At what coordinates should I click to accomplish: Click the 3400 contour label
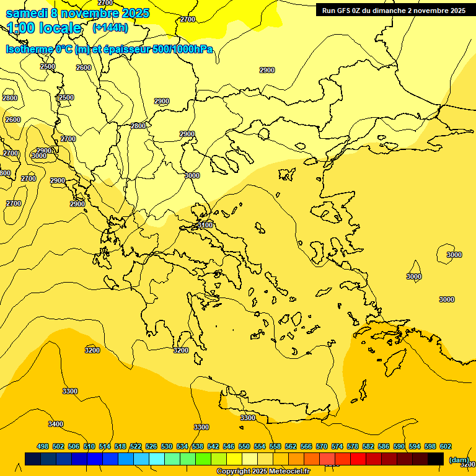[x=56, y=424]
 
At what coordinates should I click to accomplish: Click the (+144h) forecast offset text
[x=110, y=28]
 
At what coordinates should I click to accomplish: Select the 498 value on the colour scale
[x=43, y=446]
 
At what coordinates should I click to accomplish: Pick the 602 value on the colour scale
[x=446, y=446]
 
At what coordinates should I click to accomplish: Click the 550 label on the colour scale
[x=244, y=446]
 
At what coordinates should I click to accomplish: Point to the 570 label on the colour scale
[x=322, y=446]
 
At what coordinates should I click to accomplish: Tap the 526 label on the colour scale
[x=151, y=446]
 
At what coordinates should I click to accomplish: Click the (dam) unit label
[x=459, y=459]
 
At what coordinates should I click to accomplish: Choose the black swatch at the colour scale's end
[x=436, y=459]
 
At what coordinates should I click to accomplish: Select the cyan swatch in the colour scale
[x=157, y=459]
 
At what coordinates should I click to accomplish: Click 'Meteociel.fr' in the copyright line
[x=289, y=472]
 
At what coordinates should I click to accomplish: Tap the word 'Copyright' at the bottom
[x=233, y=472]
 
